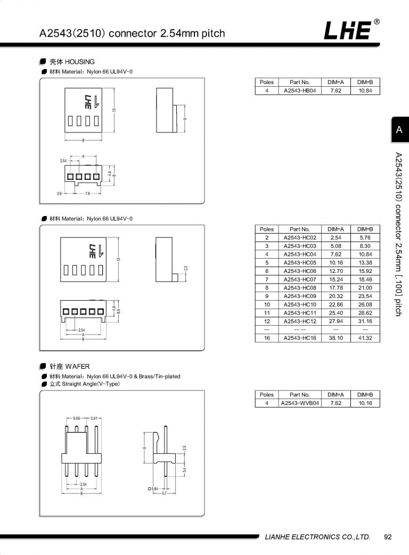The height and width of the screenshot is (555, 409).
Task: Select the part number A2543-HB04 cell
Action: [299, 91]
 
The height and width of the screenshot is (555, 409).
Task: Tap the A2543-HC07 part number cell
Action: [299, 279]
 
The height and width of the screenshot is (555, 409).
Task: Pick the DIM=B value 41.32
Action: [365, 338]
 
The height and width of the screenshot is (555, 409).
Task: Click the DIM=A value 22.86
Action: [336, 304]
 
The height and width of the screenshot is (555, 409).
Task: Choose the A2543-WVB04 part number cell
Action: [299, 403]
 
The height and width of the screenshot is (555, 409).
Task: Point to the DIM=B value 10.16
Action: [365, 403]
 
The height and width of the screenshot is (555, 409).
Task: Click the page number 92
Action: [388, 537]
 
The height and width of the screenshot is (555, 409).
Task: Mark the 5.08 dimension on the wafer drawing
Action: [77, 419]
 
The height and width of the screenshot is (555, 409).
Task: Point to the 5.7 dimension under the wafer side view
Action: [165, 494]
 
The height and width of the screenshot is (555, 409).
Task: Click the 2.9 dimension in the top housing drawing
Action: [60, 194]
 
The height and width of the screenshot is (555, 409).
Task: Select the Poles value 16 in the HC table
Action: [267, 338]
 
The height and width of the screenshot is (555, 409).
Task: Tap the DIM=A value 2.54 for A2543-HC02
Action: [336, 237]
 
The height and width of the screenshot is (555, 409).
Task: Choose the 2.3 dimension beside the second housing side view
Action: [185, 269]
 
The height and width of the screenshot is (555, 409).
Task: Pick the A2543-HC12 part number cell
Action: [299, 321]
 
